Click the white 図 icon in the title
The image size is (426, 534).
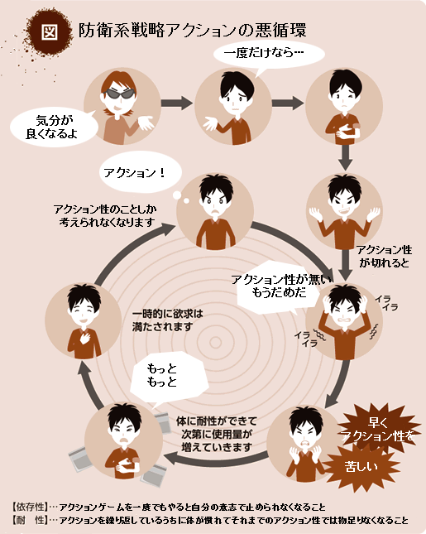pos(50,32)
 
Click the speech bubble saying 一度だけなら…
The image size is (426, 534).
pos(269,55)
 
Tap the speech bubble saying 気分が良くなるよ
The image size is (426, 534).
pos(54,127)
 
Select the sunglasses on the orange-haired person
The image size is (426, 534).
pos(119,94)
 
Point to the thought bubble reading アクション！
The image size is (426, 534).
pos(140,172)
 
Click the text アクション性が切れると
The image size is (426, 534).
pos(384,257)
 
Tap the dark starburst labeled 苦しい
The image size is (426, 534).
pos(361,465)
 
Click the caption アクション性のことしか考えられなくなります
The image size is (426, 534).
pos(105,216)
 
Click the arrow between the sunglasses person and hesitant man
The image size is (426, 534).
pos(176,103)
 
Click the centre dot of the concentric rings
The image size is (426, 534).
pos(215,342)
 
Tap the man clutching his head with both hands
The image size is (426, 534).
pos(344,320)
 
